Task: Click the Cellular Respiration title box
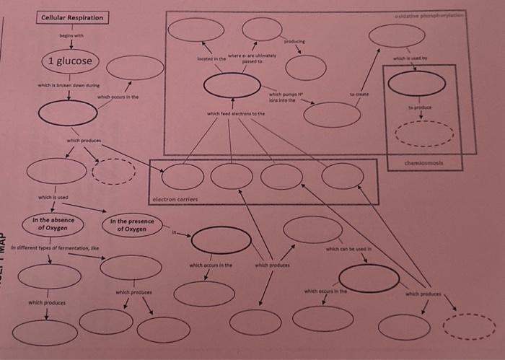72,17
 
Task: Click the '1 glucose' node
70,61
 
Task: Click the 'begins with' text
71,34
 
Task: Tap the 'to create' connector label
359,95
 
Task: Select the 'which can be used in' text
347,249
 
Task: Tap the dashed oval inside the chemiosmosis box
424,133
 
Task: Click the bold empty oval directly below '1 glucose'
68,113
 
